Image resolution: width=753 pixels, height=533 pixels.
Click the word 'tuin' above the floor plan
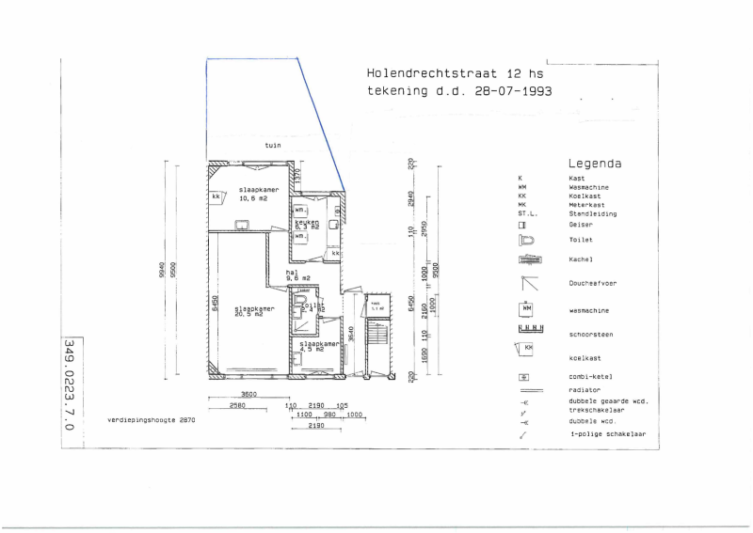tap(273, 146)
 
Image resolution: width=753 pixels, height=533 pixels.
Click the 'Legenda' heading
tap(595, 163)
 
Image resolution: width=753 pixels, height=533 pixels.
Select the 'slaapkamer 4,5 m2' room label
tap(317, 347)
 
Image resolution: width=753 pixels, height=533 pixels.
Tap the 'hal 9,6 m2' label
tap(297, 275)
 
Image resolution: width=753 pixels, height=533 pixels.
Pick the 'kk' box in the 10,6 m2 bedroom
tap(216, 196)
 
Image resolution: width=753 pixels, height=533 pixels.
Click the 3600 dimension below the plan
tap(223, 395)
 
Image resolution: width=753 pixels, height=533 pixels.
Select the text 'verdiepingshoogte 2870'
tap(151, 420)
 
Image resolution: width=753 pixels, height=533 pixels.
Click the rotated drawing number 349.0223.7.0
tap(69, 385)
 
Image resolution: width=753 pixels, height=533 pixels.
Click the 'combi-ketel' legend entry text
tap(592, 376)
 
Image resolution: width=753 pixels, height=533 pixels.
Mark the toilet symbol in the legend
tap(527, 240)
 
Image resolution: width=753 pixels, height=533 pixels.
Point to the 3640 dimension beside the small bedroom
tap(349, 332)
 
